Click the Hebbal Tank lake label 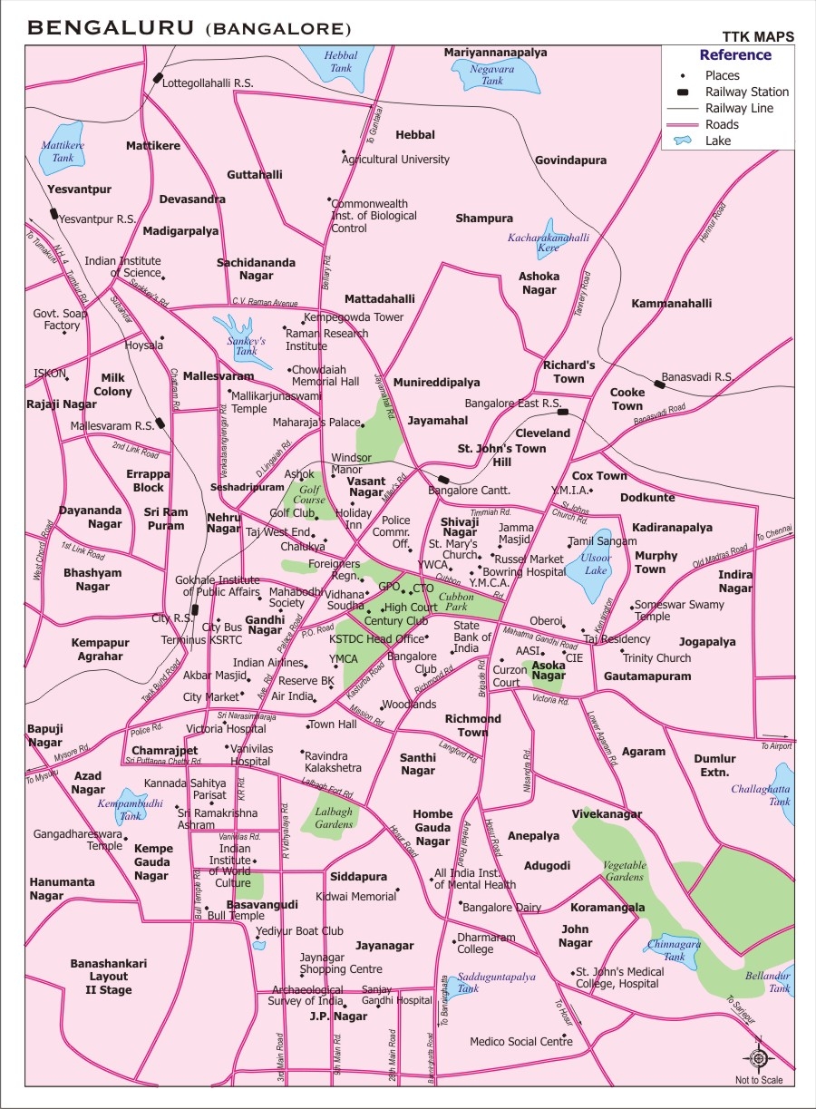[342, 62]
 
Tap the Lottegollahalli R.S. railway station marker [158, 79]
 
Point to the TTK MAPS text [758, 36]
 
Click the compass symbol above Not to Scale [759, 1057]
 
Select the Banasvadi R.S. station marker [660, 384]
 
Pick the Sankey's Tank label [246, 345]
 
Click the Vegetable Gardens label [625, 871]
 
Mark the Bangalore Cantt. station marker [443, 480]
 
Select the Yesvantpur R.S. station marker [54, 215]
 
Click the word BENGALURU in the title [112, 28]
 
